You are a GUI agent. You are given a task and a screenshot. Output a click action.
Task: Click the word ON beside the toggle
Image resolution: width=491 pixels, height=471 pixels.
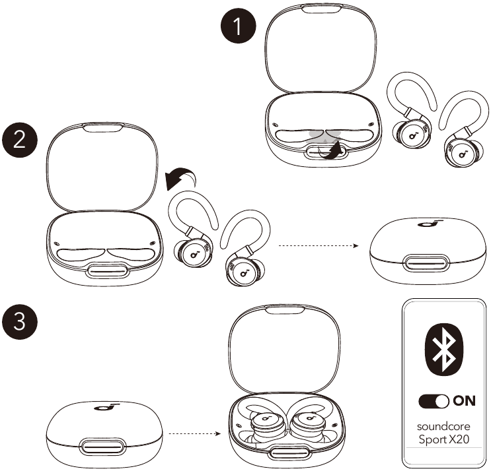click(464, 401)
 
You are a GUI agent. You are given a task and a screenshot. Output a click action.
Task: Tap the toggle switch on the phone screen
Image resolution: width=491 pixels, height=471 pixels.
click(434, 401)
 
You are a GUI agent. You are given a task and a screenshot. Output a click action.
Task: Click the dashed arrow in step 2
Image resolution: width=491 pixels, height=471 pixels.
click(318, 246)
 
